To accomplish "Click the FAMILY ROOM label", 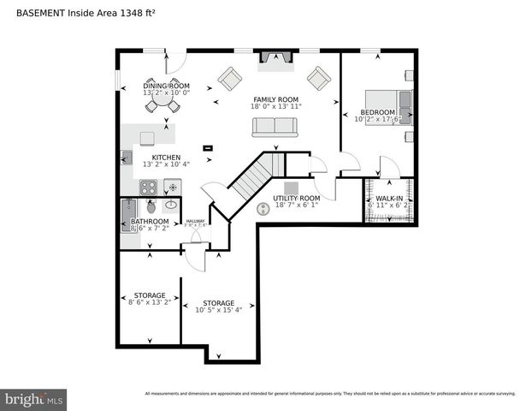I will point(275,99).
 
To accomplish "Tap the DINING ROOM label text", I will point(166,86).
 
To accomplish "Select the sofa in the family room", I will point(274,128).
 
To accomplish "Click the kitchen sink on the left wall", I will point(127,158).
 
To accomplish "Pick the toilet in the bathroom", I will point(151,206).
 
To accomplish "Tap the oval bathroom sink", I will point(171,205).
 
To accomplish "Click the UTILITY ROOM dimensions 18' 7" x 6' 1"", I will point(296,205).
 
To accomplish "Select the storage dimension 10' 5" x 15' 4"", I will point(218,311).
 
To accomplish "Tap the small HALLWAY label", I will point(196,220).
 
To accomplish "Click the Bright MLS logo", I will point(34,399).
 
